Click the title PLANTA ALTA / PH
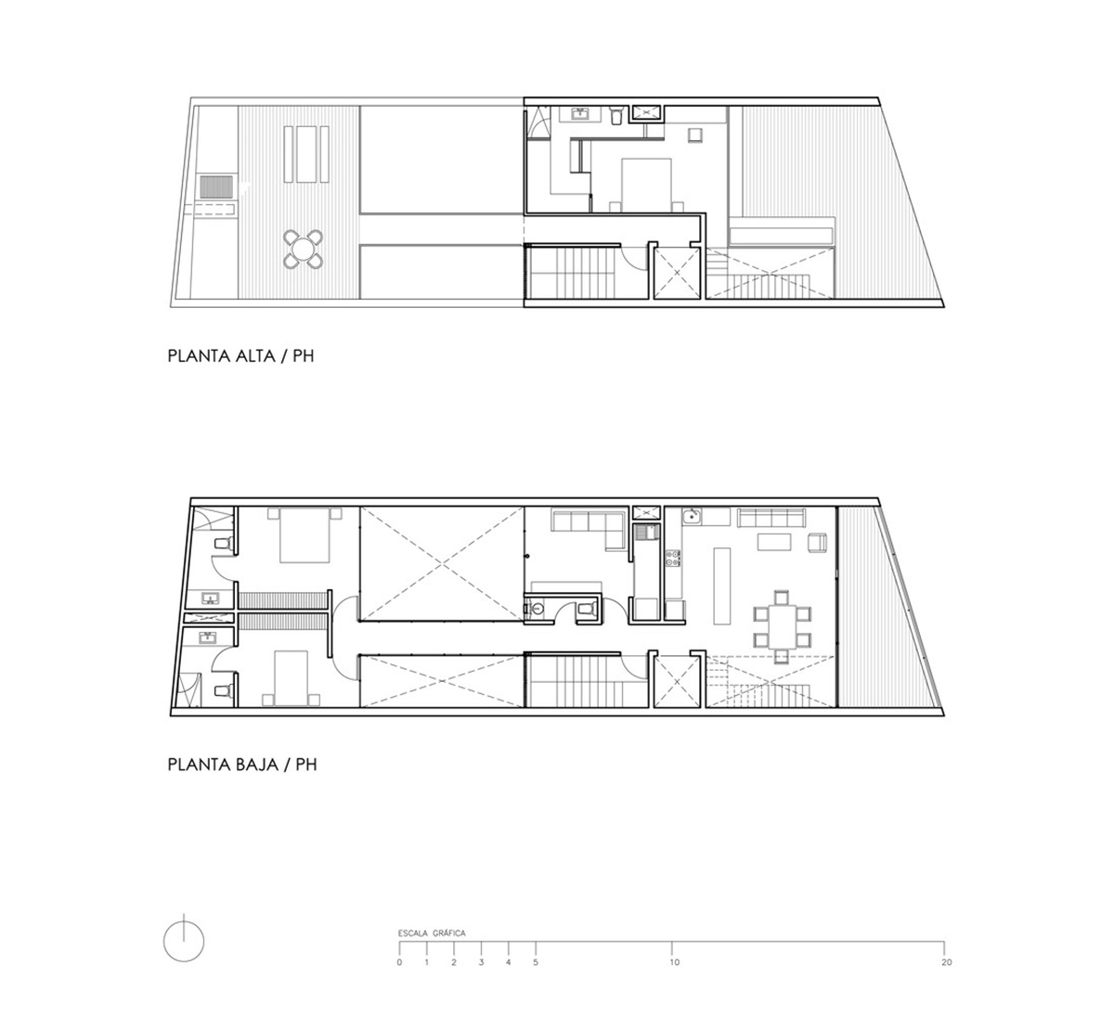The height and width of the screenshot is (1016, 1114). [x=240, y=356]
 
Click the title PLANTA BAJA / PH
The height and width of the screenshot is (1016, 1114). [x=242, y=765]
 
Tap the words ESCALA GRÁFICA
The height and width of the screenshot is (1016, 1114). [x=432, y=933]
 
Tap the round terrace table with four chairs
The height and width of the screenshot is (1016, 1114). [x=304, y=250]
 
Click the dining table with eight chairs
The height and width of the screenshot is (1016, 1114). [x=782, y=627]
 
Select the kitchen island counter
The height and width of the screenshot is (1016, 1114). [x=722, y=585]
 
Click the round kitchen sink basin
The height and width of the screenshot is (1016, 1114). [x=692, y=517]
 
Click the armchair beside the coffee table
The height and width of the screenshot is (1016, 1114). [x=818, y=543]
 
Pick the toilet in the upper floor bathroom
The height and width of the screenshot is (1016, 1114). [x=616, y=116]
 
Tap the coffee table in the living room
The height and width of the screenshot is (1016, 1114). [x=774, y=542]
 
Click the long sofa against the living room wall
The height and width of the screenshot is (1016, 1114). [x=771, y=518]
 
